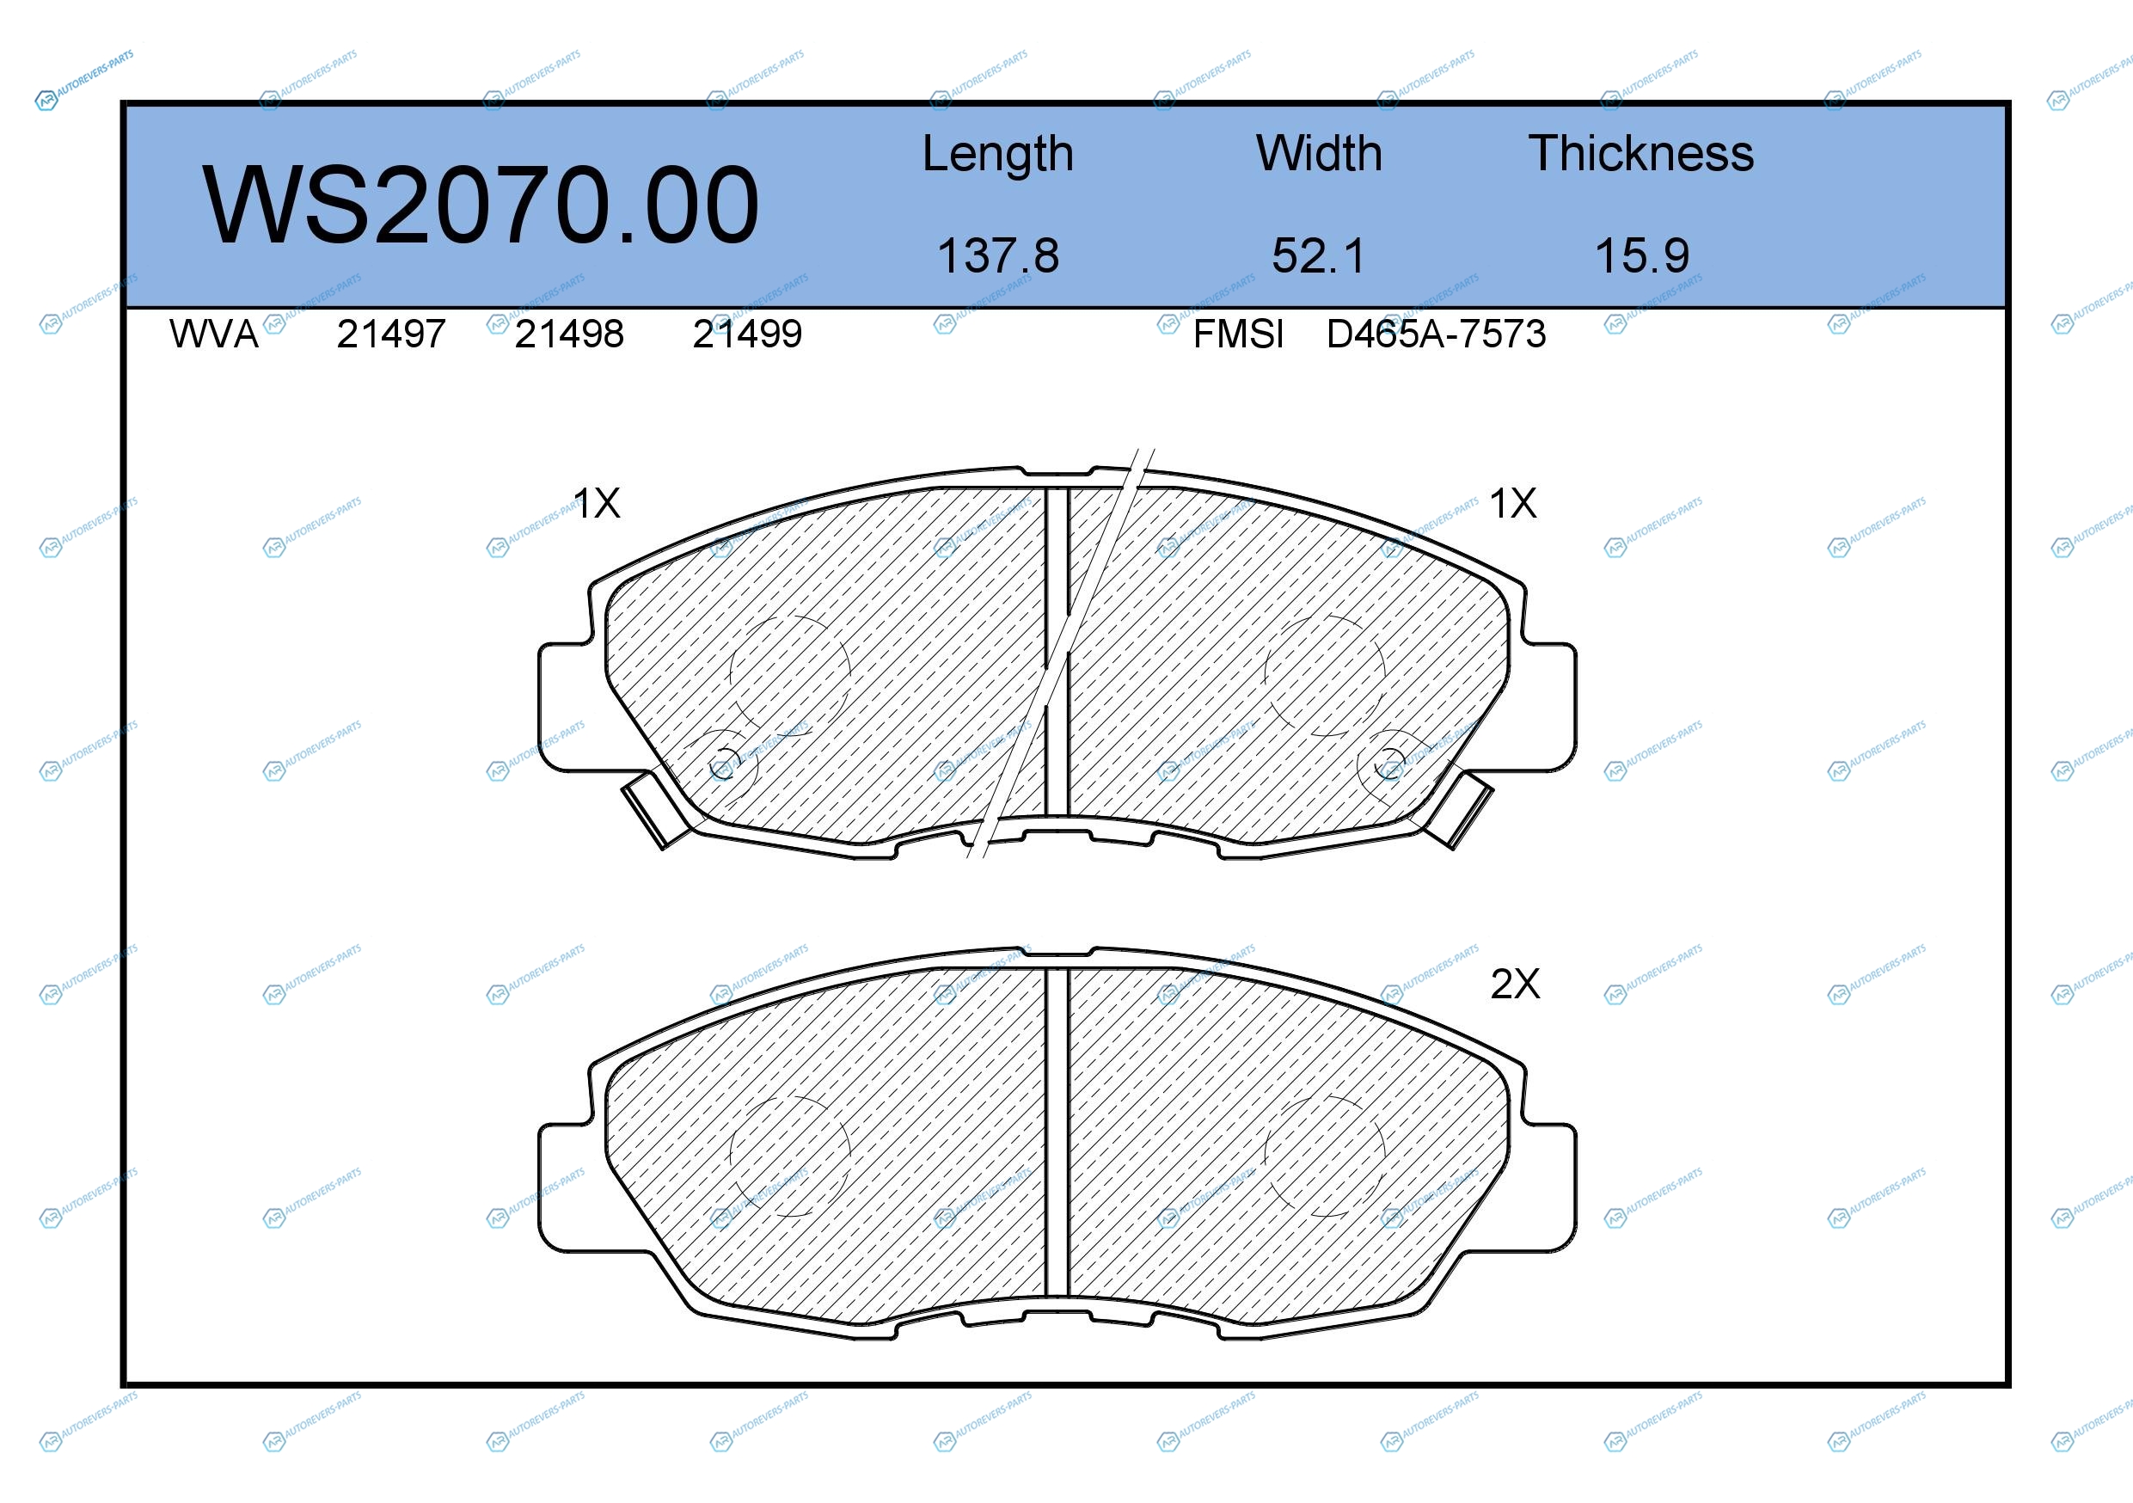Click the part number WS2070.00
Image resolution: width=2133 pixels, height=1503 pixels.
[481, 206]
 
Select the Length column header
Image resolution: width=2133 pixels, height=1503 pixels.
[998, 154]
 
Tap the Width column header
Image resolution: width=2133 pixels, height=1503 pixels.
[1318, 153]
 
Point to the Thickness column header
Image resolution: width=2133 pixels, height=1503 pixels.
[1640, 153]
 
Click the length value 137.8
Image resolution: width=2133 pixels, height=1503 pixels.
[998, 255]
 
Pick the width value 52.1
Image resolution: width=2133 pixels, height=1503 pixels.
[1318, 255]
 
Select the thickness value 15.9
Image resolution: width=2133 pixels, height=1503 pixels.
[1641, 255]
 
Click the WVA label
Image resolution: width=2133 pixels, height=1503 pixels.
[214, 334]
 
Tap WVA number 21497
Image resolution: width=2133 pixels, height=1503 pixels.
[391, 334]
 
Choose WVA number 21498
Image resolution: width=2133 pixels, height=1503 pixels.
[569, 334]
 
